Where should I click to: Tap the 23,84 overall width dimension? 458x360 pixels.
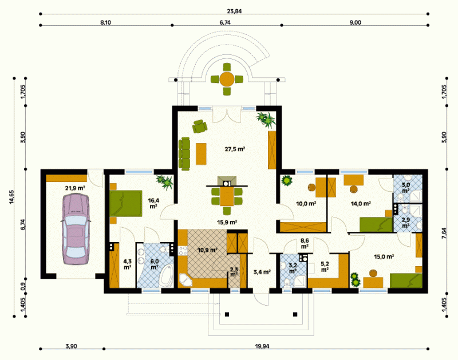pos(234,11)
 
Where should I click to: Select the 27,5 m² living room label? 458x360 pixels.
pos(235,149)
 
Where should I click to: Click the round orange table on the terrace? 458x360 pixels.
pos(227,79)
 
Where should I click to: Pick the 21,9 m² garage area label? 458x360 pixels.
pos(75,188)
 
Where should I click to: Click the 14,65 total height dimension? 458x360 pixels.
pos(11,197)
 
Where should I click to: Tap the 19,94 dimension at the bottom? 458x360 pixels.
pos(262,346)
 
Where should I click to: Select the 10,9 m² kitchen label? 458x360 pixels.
pos(207,250)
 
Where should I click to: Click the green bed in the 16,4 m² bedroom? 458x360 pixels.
pos(125,204)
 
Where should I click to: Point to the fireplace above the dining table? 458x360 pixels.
pos(227,181)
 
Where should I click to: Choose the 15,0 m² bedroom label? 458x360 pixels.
pos(384,256)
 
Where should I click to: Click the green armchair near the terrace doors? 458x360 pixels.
pos(200,126)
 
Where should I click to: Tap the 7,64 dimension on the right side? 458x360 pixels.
pos(444,234)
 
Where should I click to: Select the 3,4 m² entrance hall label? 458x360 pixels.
pos(262,272)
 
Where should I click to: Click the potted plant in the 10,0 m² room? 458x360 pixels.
pos(287,180)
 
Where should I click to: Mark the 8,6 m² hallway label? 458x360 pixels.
pos(305,243)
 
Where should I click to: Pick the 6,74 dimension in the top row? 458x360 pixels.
pos(225,22)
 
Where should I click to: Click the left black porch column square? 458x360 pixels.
pos(227,314)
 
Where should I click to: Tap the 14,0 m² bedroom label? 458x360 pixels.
pos(361,204)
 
